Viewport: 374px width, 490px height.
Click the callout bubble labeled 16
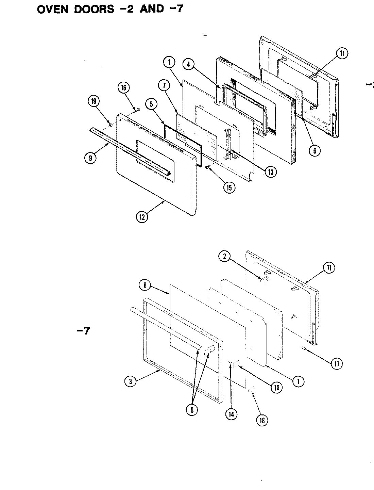123,88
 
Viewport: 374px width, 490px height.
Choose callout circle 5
151,104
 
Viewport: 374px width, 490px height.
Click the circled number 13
270,172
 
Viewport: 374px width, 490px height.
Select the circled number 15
230,188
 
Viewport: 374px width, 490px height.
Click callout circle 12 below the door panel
142,217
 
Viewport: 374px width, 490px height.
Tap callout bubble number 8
144,285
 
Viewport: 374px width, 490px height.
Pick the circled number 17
337,363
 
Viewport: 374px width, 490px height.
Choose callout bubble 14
231,414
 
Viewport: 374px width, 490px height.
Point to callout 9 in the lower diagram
192,410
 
